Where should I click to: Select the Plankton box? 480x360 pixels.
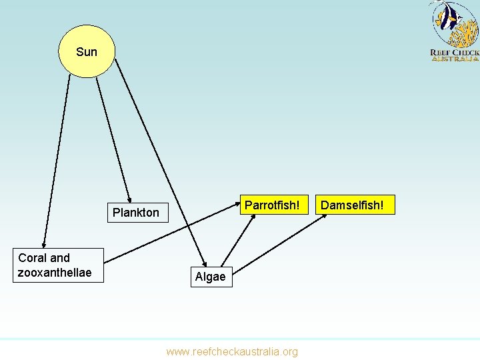136,213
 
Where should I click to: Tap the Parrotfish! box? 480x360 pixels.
272,205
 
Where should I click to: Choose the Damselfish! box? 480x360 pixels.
352,205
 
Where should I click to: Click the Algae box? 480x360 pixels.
211,276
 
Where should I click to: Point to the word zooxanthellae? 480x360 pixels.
55,273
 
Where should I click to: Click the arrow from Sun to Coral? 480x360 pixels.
56,160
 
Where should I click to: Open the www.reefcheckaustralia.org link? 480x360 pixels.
232,351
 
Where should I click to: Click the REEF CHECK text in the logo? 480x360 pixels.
455,52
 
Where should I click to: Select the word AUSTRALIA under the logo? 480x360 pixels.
455,59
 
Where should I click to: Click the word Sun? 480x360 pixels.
87,52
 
